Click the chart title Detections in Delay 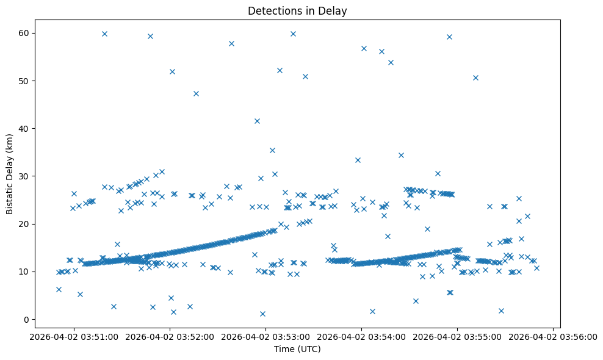pos(297,11)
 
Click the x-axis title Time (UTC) pos(297,350)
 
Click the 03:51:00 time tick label pos(74,336)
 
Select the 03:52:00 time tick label pos(170,336)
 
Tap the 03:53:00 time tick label pos(265,336)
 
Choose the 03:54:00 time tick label pos(361,336)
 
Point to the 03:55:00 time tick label pos(457,336)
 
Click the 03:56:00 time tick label pos(553,336)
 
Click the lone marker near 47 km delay pos(196,93)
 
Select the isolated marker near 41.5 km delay pos(257,121)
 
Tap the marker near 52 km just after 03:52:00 pos(172,71)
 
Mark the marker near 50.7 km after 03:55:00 pos(475,77)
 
